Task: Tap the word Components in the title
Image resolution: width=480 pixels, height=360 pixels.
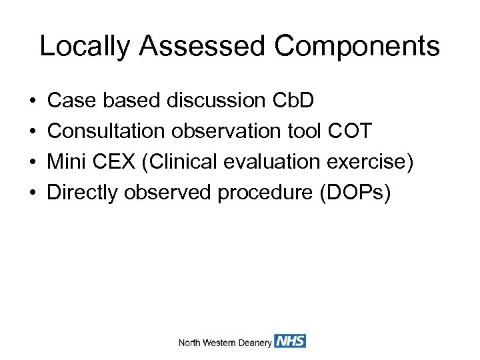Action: pyautogui.click(x=357, y=47)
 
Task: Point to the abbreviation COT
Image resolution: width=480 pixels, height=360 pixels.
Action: pyautogui.click(x=350, y=131)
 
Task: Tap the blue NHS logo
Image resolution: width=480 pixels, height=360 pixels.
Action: pyautogui.click(x=290, y=341)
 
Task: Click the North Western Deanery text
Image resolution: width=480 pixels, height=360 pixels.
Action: pyautogui.click(x=225, y=343)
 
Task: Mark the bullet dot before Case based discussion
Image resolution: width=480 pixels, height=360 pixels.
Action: pyautogui.click(x=33, y=101)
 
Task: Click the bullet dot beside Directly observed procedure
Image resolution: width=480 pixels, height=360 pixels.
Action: pyautogui.click(x=33, y=193)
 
